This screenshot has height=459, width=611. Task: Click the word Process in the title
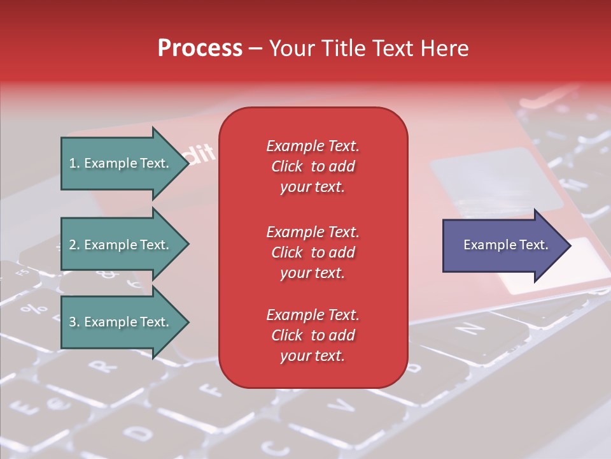(200, 48)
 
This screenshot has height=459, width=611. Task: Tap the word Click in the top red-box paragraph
(287, 166)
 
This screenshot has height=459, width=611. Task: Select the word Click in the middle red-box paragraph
(287, 252)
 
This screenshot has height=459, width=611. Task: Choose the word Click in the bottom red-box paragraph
(287, 335)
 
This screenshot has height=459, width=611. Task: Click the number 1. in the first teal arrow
(74, 163)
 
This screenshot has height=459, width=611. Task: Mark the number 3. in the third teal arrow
(74, 322)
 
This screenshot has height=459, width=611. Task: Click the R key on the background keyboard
(100, 366)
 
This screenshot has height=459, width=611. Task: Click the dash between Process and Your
(255, 49)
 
